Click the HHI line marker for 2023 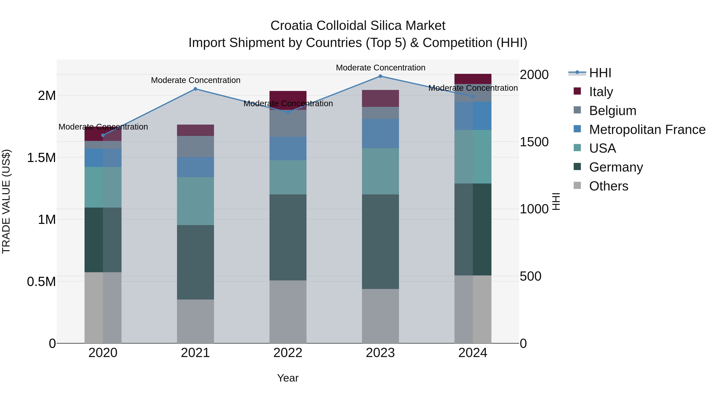tap(380, 76)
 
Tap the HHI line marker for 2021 tap(195, 89)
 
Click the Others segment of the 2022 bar tap(288, 311)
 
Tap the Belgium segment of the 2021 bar tap(195, 146)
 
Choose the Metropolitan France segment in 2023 tap(380, 134)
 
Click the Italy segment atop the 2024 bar tap(473, 79)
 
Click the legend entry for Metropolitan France tap(647, 130)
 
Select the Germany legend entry tap(616, 167)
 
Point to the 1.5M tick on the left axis tap(41, 158)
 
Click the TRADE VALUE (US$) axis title tap(6, 201)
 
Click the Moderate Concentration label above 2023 tap(380, 68)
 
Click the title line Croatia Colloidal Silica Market tap(358, 26)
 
